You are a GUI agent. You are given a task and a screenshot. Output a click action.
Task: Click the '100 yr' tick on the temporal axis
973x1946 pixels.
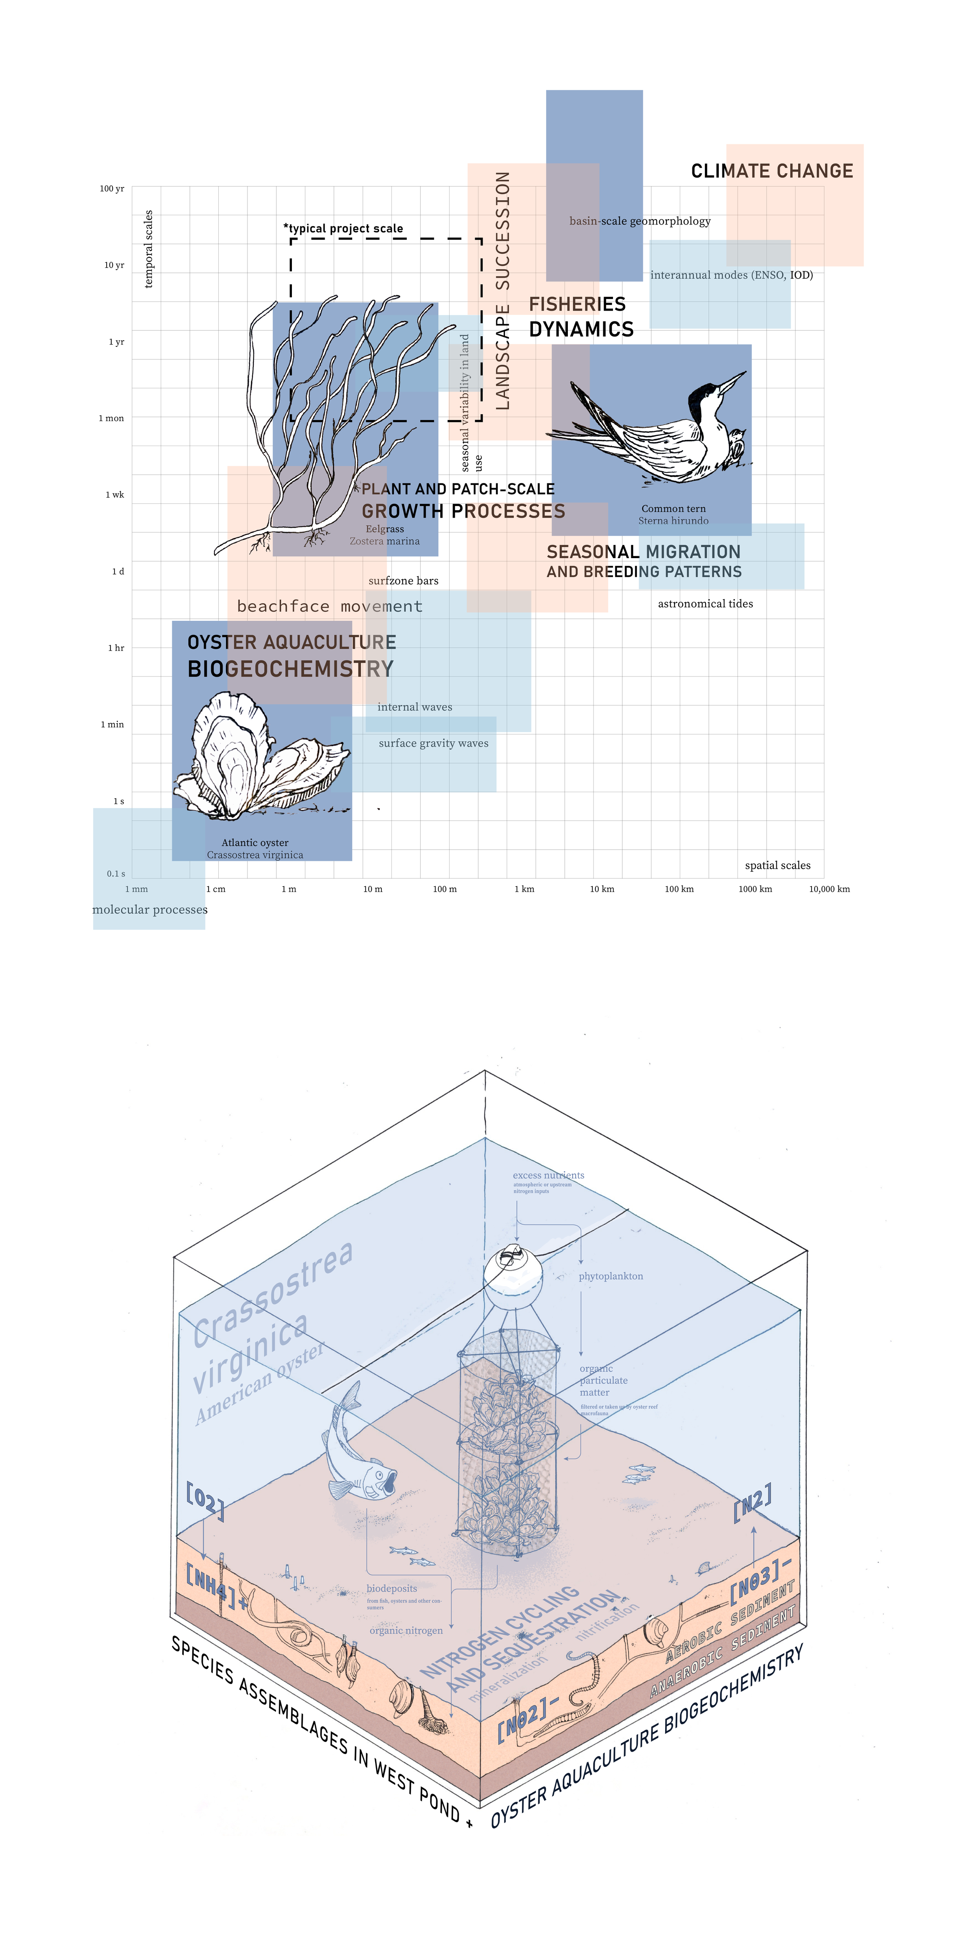[112, 189]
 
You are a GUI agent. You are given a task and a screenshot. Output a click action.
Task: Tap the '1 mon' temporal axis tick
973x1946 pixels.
[111, 418]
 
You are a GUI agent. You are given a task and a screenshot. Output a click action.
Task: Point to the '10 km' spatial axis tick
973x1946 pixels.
[602, 889]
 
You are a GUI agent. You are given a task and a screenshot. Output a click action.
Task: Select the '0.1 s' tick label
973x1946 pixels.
[116, 874]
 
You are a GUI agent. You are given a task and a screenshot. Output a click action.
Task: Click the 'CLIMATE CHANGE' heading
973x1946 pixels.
[772, 172]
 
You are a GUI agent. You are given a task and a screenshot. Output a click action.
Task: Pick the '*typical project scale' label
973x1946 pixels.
[344, 228]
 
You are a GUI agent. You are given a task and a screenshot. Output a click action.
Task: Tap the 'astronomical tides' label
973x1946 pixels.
[705, 604]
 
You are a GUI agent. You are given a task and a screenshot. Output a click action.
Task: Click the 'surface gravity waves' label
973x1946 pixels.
[434, 743]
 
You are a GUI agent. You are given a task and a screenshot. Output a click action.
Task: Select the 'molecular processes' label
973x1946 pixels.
[149, 910]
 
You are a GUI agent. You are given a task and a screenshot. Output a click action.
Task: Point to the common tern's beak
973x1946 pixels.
[731, 381]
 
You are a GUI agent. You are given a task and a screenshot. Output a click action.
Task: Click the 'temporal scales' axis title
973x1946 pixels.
[149, 249]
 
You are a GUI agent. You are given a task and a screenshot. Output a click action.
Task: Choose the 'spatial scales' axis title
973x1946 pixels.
[777, 866]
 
